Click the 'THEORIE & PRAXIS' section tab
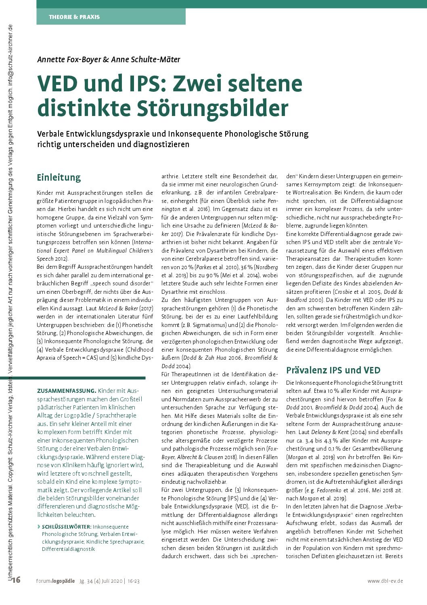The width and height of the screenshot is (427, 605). pyautogui.click(x=74, y=17)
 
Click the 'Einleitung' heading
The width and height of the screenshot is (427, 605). pyautogui.click(x=59, y=177)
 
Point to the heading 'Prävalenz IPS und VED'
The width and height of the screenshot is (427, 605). pyautogui.click(x=333, y=370)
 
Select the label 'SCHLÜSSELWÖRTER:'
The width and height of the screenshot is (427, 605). pyautogui.click(x=67, y=527)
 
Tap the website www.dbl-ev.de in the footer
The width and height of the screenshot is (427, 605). pyautogui.click(x=385, y=581)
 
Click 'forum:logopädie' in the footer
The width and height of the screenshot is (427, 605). pyautogui.click(x=55, y=581)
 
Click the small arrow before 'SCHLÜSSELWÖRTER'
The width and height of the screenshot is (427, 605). pyautogui.click(x=38, y=527)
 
